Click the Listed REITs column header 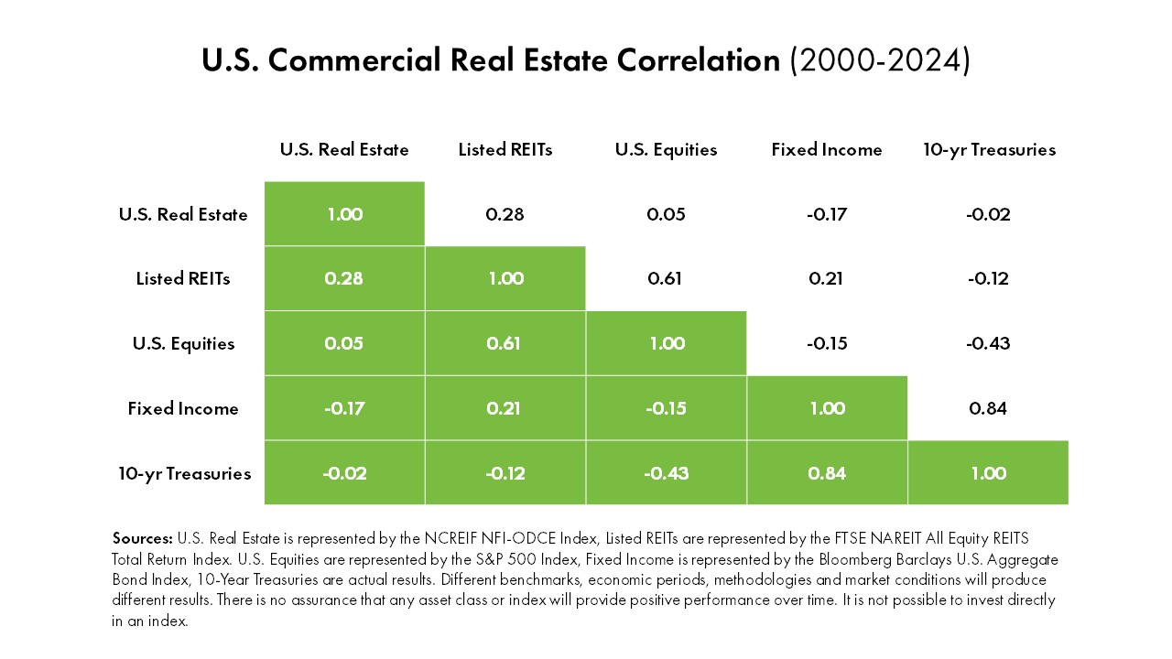click(505, 149)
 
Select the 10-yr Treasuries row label click(184, 473)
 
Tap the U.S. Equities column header click(666, 149)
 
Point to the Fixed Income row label click(183, 408)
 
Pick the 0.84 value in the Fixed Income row click(988, 408)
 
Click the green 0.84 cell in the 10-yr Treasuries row click(827, 473)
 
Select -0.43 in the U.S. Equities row click(988, 344)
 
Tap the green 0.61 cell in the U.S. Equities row click(505, 344)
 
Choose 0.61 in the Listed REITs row click(666, 279)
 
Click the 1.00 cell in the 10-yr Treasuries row click(988, 473)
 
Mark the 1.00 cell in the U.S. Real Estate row click(344, 214)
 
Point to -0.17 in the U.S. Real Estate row click(827, 214)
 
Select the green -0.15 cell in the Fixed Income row click(666, 408)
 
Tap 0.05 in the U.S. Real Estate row click(666, 214)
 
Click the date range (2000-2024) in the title click(879, 61)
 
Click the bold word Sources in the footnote click(142, 538)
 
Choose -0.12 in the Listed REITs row click(988, 279)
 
